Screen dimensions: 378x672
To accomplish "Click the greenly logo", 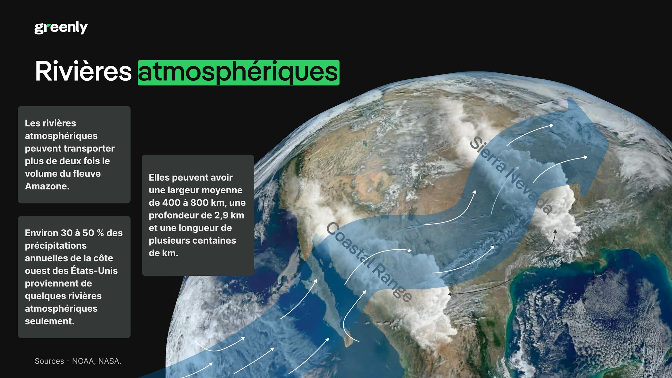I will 61,28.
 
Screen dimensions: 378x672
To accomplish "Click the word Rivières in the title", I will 83,71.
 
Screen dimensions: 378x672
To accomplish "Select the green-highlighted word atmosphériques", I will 238,72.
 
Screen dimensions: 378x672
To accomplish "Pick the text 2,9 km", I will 229,215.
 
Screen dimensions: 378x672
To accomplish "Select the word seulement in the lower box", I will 49,321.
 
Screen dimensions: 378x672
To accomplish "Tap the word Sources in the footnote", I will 49,361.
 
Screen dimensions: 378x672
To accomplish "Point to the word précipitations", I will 55,245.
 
